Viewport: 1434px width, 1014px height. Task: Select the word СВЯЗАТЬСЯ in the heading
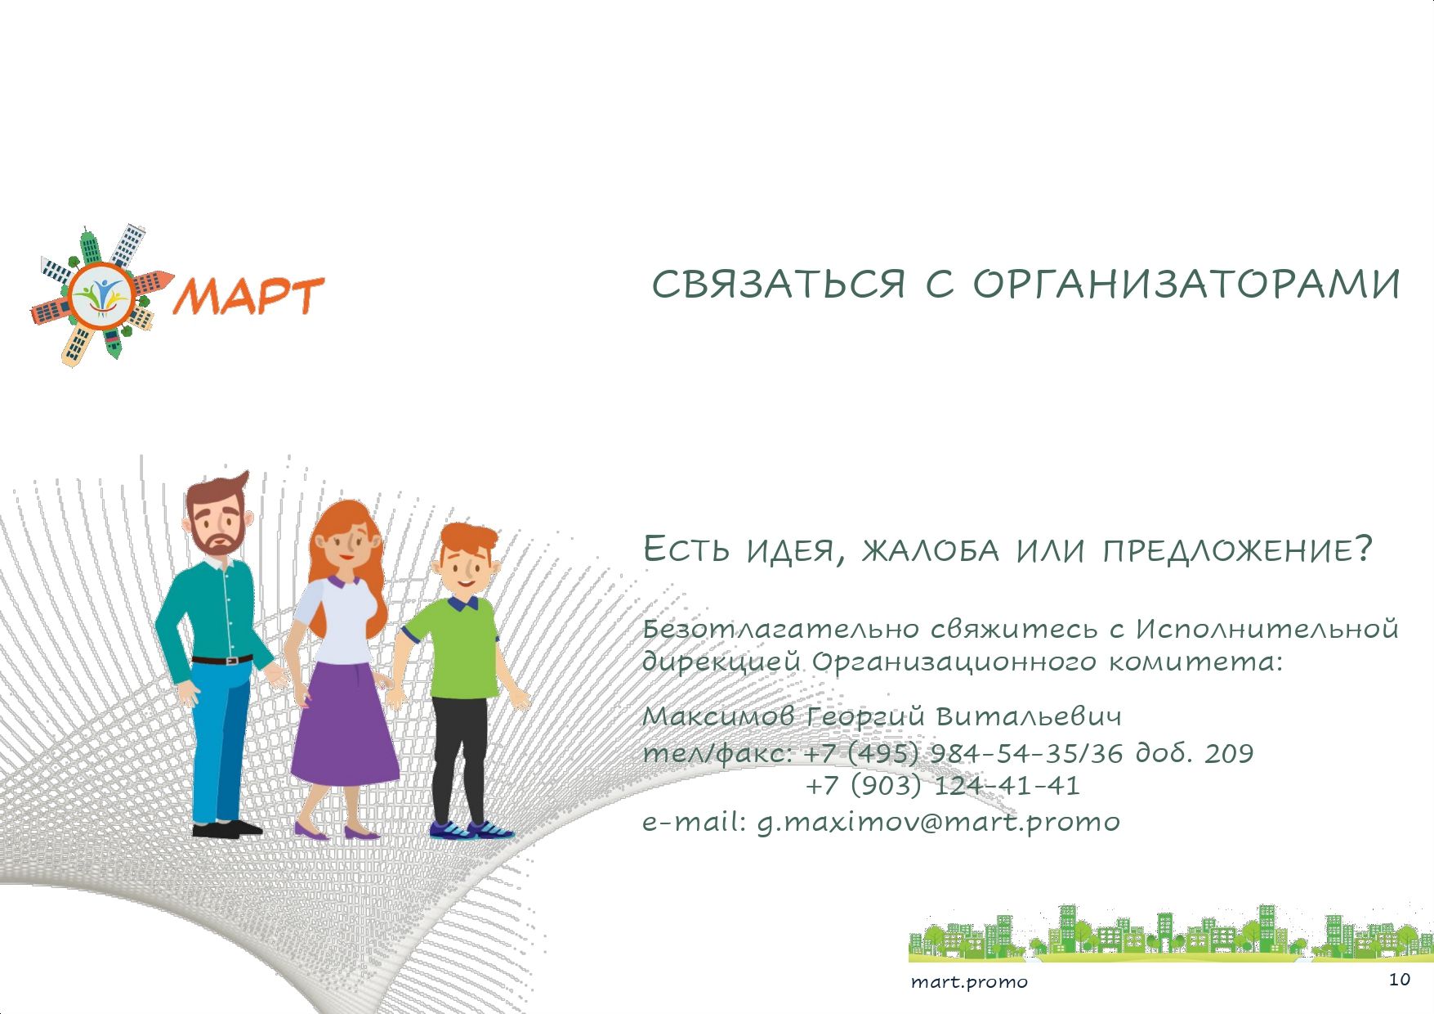point(779,285)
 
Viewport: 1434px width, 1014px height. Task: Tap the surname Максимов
point(719,716)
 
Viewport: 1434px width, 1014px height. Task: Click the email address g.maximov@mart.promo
point(938,822)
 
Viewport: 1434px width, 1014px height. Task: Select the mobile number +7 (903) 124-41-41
point(943,786)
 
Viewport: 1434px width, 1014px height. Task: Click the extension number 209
point(1229,752)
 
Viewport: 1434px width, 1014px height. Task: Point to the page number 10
point(1399,980)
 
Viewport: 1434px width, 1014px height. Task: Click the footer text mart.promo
point(969,981)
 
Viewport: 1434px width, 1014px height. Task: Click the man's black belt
point(222,659)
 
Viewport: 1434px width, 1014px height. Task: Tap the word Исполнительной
point(1267,629)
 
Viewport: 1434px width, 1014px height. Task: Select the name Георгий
point(865,718)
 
